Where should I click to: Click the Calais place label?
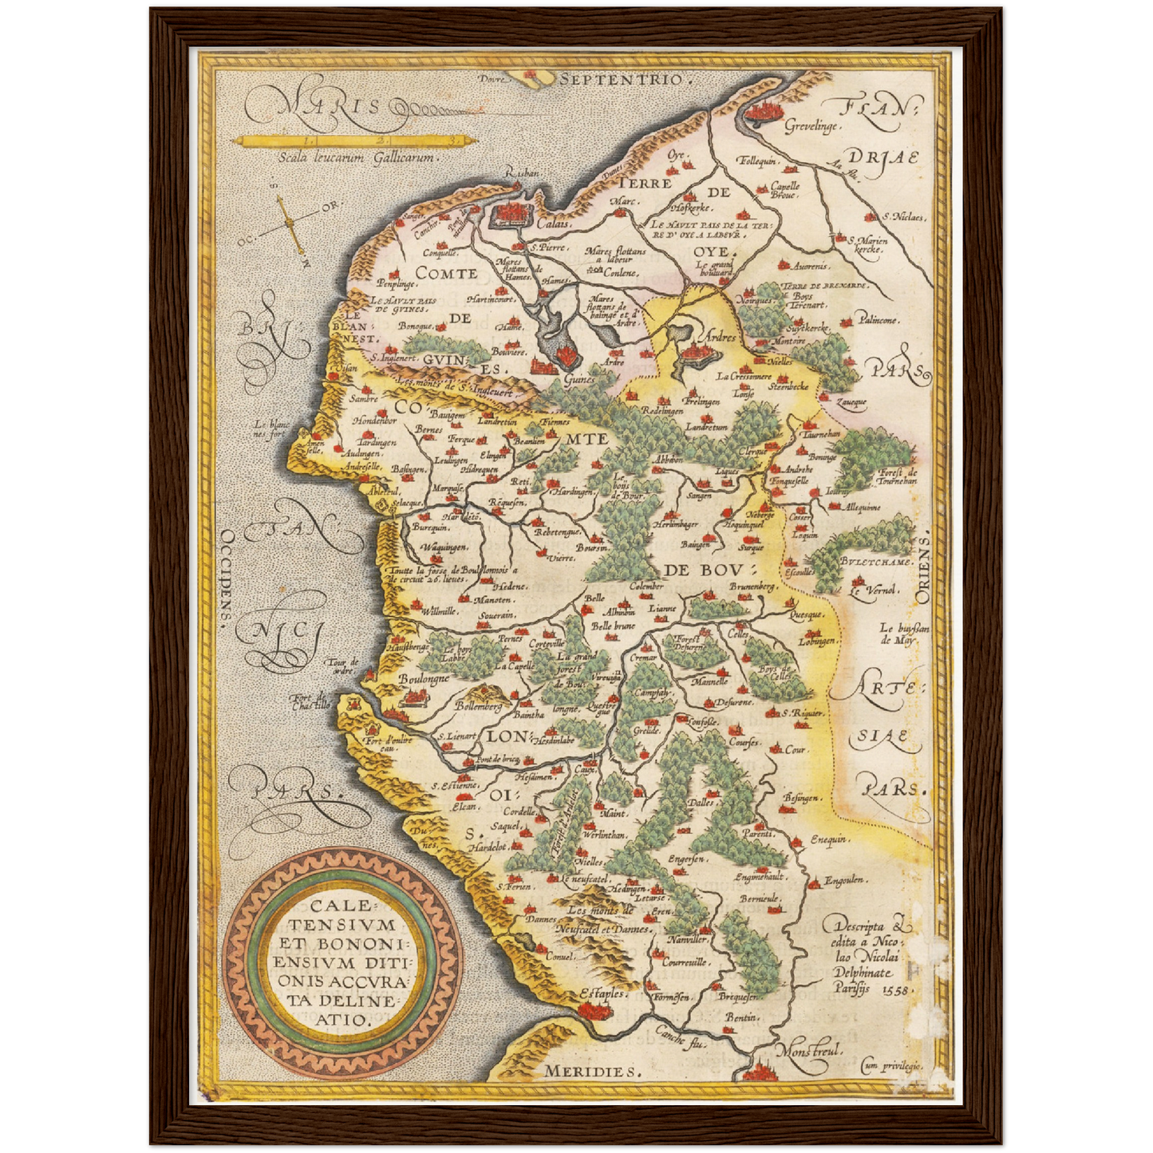click(552, 223)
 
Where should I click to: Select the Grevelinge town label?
click(810, 127)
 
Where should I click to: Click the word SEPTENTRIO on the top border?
click(622, 79)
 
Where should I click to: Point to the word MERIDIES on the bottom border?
click(591, 1071)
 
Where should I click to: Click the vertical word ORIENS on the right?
click(923, 570)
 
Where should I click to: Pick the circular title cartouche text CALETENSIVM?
click(342, 915)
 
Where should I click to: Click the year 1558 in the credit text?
click(898, 989)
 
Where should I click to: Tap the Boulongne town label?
click(424, 679)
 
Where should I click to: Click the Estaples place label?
click(603, 994)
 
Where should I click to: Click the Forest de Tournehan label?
click(897, 476)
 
